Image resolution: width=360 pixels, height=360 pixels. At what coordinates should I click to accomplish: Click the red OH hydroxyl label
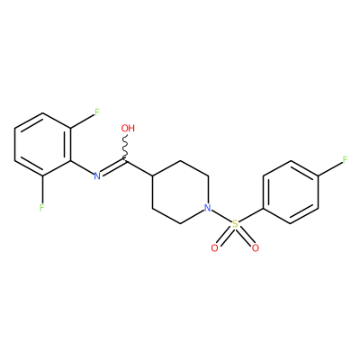coord(128,129)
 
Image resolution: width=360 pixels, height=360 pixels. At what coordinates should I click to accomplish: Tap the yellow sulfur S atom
coord(235,224)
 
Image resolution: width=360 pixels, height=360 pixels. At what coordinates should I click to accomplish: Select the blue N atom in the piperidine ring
coord(207,208)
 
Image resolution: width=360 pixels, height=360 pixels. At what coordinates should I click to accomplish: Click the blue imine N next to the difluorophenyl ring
coord(97,175)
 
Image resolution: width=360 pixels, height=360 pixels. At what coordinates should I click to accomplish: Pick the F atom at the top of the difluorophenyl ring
coord(96,112)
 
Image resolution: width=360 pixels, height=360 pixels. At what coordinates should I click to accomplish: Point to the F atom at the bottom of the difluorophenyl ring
coord(42,207)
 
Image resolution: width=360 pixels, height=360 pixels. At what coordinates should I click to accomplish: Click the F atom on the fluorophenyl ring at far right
coord(345,160)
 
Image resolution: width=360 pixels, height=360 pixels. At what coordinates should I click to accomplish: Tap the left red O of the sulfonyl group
coord(214,248)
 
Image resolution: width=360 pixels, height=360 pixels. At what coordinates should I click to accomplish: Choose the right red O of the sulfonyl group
coord(256,248)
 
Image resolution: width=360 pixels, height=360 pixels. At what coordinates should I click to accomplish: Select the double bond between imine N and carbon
coord(113,167)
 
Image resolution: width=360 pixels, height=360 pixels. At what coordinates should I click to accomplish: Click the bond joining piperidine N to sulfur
coord(221,216)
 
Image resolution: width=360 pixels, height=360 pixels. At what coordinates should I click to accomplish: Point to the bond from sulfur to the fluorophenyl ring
coord(251,215)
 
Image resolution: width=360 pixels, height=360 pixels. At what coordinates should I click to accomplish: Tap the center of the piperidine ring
coord(181,192)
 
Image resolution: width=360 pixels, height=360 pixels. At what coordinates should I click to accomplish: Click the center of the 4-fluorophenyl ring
coord(291,192)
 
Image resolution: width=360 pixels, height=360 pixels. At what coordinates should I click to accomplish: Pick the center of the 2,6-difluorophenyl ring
coord(43,145)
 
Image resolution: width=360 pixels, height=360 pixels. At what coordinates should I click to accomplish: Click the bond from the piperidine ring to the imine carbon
coord(139,168)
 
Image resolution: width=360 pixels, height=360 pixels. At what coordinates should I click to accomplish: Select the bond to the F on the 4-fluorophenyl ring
coord(330,168)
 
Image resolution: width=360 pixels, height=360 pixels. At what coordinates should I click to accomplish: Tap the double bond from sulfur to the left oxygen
coord(225,236)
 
